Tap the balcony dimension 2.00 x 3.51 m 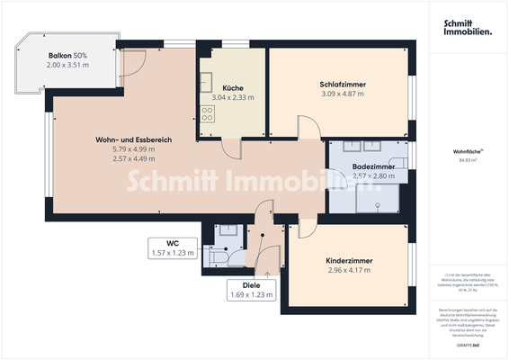click(67, 66)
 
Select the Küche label click(232, 87)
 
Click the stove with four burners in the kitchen click(208, 114)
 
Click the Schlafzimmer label click(343, 85)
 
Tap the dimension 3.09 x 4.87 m click(343, 94)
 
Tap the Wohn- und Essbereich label click(133, 139)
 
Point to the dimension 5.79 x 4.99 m click(133, 149)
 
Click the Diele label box click(252, 289)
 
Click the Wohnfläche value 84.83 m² click(468, 161)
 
